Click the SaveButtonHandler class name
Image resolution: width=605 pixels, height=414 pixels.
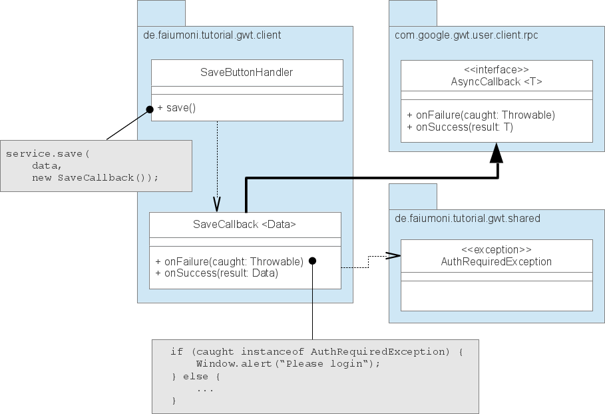pos(246,72)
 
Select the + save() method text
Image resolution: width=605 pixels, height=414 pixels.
pos(176,107)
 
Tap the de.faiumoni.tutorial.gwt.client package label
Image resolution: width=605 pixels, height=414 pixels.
pos(212,35)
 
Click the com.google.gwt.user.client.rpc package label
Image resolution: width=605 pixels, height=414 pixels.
pos(466,35)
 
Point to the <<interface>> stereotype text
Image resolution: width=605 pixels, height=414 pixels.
pos(496,69)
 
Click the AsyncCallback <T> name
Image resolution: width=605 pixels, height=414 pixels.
pos(496,81)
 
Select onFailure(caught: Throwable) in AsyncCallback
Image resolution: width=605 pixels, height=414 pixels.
pos(481,115)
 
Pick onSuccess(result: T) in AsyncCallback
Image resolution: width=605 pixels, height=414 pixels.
pos(460,127)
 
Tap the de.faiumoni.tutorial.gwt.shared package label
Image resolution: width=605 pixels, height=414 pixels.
pos(467,218)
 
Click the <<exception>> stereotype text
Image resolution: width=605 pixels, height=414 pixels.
pos(496,249)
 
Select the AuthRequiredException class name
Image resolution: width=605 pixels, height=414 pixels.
pos(496,261)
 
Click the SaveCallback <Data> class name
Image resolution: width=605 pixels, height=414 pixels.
pos(244,225)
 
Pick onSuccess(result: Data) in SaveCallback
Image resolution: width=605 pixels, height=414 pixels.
pos(216,273)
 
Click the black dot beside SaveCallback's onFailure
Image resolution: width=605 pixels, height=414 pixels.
pos(311,261)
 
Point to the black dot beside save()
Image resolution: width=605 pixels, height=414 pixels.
pos(150,108)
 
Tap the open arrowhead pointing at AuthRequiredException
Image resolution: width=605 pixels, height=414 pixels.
pos(393,255)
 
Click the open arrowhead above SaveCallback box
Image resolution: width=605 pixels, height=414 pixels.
pos(216,203)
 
